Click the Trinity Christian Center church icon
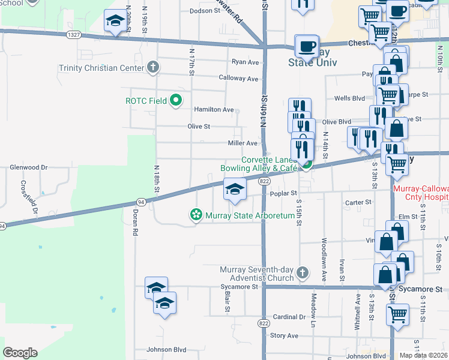coord(154,67)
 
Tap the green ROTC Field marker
coord(176,100)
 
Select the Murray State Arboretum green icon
coord(195,215)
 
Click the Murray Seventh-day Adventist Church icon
coord(303,273)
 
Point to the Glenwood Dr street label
coord(28,167)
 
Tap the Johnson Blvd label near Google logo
coord(166,350)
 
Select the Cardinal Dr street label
coord(289,317)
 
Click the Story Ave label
coord(284,336)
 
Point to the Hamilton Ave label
coord(213,110)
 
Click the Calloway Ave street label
coord(238,79)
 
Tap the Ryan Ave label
coord(245,62)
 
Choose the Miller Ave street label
coord(243,143)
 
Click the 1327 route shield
coord(74,35)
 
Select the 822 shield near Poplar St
coord(264,181)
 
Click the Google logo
coord(20,353)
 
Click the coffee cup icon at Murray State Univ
coord(307,46)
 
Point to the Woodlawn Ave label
coord(323,251)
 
